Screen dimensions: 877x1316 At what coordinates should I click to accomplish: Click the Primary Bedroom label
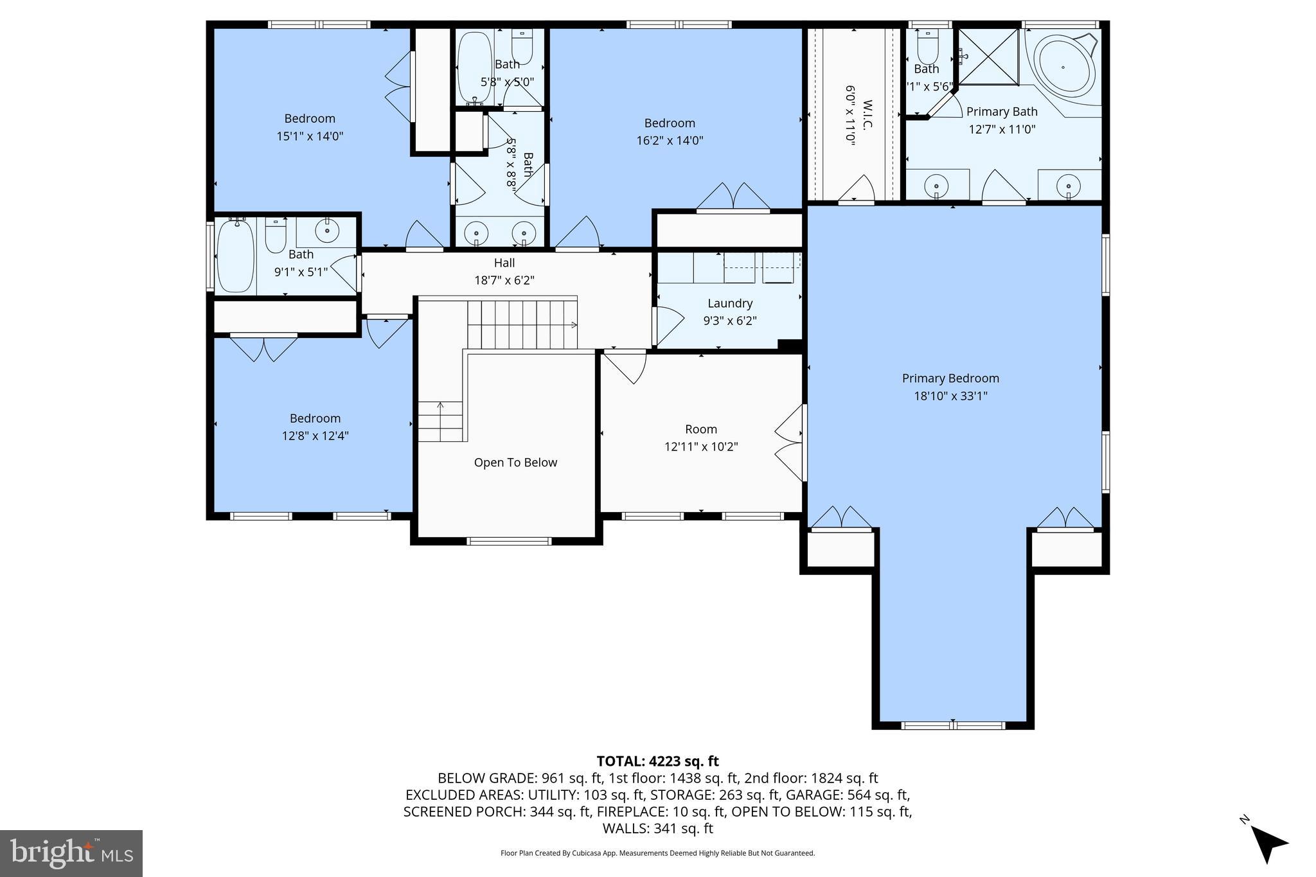pos(950,378)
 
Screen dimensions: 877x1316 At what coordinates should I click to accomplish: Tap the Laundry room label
pos(730,303)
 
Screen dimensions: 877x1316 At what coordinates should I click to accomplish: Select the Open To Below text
pos(515,463)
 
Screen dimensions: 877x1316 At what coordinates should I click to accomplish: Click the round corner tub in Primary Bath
pos(1063,67)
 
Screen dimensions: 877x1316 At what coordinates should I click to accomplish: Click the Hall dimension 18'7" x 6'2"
pos(504,280)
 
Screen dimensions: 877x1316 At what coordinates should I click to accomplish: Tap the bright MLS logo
pos(71,853)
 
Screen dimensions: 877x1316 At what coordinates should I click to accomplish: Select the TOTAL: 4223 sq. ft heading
pos(657,761)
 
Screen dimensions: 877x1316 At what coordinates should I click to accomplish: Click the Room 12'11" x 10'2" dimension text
pos(700,447)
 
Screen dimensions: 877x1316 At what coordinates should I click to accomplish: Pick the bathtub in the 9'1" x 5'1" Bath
pos(235,256)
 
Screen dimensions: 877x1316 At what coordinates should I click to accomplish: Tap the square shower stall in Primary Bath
pos(988,57)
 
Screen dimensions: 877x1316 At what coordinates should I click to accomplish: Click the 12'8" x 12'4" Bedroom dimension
pos(315,436)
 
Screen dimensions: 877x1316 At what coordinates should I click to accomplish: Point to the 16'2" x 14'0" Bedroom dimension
pos(670,141)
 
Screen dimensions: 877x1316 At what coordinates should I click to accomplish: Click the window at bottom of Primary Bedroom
pos(952,725)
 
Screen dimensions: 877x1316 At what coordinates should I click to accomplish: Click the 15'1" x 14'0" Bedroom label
pos(310,119)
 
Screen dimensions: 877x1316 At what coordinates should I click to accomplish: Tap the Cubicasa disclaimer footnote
pos(657,853)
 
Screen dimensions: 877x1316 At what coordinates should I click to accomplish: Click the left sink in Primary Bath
pos(936,186)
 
